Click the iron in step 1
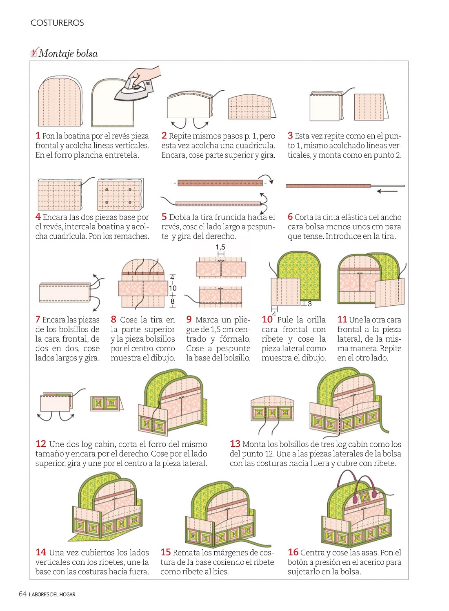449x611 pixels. (x=134, y=90)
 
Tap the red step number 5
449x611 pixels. (x=164, y=217)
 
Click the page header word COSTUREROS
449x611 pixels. (x=57, y=22)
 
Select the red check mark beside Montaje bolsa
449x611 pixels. (x=34, y=52)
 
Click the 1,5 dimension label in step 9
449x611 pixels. (x=220, y=247)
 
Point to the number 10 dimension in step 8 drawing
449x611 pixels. (x=173, y=288)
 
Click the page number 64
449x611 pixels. (x=22, y=594)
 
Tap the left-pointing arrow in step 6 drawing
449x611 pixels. (x=387, y=191)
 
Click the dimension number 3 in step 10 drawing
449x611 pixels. (x=309, y=304)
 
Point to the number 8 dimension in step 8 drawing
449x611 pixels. (x=173, y=301)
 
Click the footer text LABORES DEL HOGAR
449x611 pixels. (x=52, y=594)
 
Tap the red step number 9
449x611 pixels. (x=189, y=319)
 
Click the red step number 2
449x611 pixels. (x=164, y=136)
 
